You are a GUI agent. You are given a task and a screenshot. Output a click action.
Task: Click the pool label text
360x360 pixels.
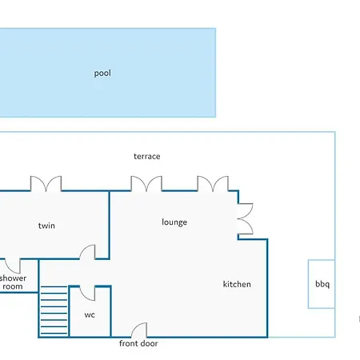102,73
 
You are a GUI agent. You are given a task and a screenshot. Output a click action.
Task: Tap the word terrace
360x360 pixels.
147,156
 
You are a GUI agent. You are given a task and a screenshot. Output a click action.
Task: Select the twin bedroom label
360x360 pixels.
46,226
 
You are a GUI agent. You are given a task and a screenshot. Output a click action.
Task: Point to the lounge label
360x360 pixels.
174,222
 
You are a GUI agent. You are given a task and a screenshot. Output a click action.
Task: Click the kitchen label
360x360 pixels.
237,284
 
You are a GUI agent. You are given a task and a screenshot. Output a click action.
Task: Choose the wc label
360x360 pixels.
90,315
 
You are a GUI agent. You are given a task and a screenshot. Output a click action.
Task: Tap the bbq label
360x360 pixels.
322,284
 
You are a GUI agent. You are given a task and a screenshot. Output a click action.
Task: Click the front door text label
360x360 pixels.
138,343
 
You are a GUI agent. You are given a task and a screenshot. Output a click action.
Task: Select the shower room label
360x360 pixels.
13,282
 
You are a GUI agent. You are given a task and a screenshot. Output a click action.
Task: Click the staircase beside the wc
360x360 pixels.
54,310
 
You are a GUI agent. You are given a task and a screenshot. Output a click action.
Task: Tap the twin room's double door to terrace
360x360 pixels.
46,183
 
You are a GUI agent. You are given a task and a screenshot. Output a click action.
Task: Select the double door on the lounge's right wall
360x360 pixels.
246,219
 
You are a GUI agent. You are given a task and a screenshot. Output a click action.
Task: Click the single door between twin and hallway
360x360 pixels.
87,252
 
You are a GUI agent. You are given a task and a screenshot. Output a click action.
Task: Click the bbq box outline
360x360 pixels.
308,284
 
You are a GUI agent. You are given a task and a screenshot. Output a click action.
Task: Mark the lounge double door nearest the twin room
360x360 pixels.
146,183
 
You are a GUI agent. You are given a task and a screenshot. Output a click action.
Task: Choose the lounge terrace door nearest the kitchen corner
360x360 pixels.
213,183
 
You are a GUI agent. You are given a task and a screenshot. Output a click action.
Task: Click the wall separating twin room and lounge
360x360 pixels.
109,225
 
